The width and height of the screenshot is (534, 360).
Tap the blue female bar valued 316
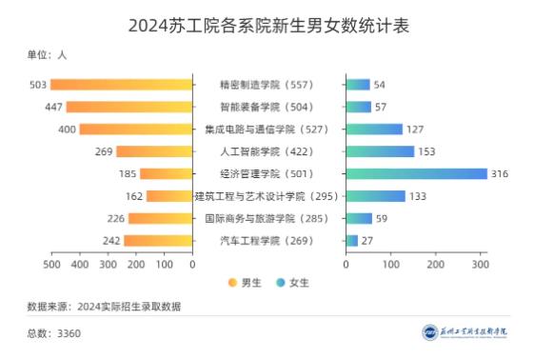(x=416, y=173)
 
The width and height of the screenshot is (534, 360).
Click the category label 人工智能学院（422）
(x=267, y=151)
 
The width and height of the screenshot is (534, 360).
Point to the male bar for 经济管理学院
(x=167, y=173)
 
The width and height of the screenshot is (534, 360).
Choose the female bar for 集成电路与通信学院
(x=374, y=129)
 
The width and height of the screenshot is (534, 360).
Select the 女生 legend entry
(x=291, y=282)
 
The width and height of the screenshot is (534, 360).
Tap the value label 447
(x=52, y=107)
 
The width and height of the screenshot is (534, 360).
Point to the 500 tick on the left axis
(x=51, y=263)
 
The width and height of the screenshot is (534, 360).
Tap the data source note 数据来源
(x=104, y=307)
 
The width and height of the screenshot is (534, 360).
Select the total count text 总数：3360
(x=54, y=333)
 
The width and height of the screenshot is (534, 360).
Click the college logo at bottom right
(x=465, y=332)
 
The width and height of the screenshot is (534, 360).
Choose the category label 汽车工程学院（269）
(x=267, y=240)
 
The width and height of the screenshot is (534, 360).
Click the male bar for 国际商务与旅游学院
(x=161, y=218)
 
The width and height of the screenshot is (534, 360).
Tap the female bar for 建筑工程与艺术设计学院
(x=375, y=196)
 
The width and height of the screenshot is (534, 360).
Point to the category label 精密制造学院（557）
(x=267, y=85)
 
